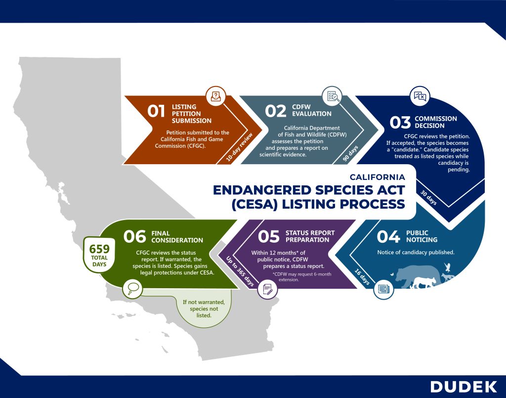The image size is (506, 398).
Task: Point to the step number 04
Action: [x=388, y=237]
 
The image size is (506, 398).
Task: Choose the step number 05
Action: [x=269, y=237]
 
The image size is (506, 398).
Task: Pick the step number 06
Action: [x=135, y=237]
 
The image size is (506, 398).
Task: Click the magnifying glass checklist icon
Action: [x=332, y=96]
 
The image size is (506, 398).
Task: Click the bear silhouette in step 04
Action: [x=415, y=276]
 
